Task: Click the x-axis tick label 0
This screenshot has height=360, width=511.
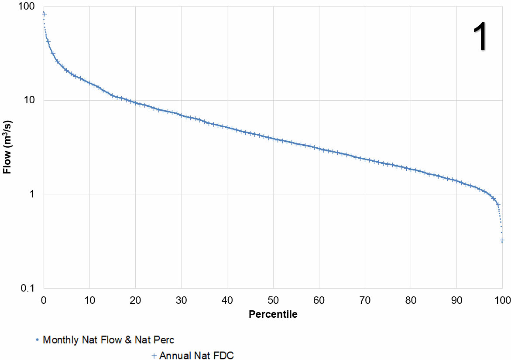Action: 44,300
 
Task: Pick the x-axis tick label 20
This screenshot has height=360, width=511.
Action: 135,300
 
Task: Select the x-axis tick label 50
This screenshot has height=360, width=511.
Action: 273,300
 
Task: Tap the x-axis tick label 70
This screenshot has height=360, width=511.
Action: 364,300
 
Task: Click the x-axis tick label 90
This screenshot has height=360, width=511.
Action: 456,300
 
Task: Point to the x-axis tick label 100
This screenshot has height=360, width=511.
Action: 502,300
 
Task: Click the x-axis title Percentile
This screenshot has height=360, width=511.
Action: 273,314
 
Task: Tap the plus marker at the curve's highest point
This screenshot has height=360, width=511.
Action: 44,14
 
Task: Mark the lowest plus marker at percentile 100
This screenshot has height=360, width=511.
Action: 502,240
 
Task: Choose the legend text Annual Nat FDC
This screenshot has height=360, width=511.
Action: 196,356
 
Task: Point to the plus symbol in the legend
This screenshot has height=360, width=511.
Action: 154,356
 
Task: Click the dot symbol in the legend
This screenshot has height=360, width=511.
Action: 38,340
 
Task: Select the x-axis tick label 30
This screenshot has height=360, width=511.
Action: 181,300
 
